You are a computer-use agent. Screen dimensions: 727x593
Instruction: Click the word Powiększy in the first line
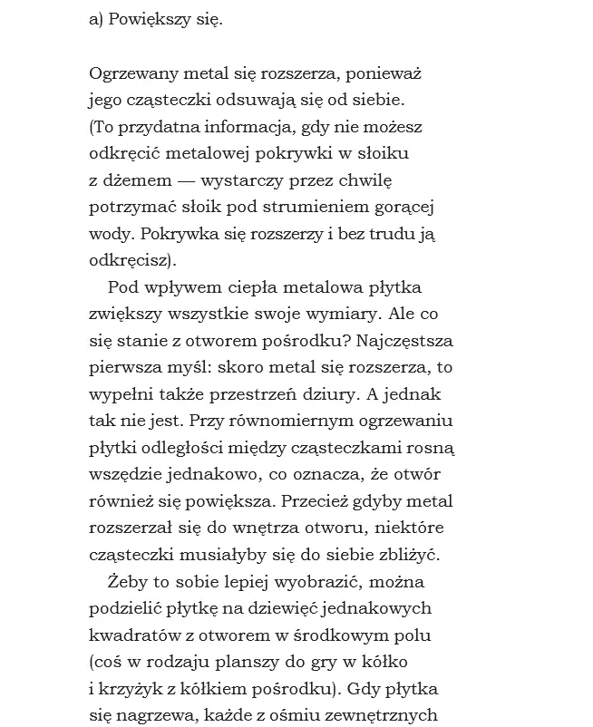pyautogui.click(x=147, y=20)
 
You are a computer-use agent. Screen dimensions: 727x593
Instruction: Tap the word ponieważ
pyautogui.click(x=389, y=73)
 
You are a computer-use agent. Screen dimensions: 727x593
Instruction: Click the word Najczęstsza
pyautogui.click(x=405, y=341)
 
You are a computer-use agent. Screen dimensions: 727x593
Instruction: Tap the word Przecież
pyautogui.click(x=314, y=500)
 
